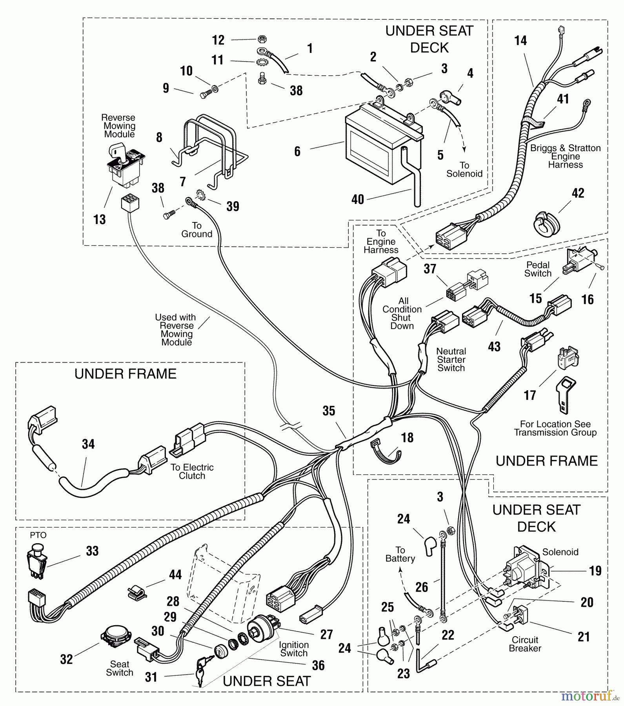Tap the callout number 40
coord(358,200)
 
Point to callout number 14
coord(520,41)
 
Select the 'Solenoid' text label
coord(560,552)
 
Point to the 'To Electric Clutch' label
coord(192,471)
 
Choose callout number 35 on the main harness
coord(329,411)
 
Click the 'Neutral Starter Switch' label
coord(451,360)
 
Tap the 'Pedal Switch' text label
coord(538,269)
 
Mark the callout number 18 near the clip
coord(408,437)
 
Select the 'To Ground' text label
coord(196,230)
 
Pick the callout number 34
coord(88,444)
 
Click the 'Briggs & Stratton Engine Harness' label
coord(565,156)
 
